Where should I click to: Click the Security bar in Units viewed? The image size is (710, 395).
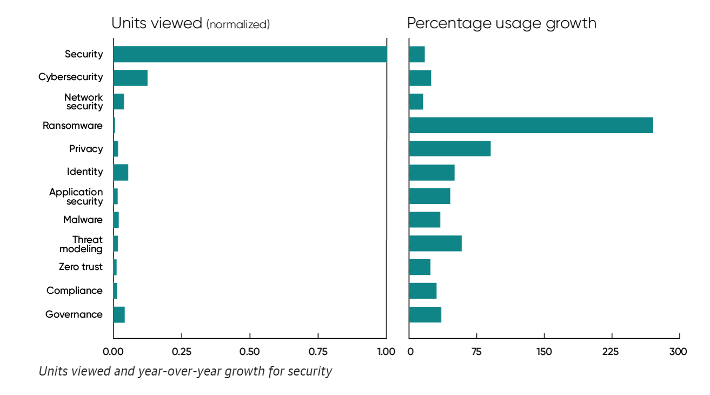250,54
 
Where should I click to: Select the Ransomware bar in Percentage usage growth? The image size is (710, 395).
530,125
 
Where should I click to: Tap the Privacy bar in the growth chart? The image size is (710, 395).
449,148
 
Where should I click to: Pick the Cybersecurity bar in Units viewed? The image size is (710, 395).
130,78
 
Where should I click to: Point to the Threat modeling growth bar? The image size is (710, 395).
435,243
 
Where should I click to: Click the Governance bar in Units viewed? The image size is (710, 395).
119,314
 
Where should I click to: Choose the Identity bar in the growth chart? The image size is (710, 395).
432,172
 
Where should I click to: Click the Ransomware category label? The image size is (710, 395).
72,126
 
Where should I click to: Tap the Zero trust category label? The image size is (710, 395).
81,267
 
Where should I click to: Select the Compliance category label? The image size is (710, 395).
74,291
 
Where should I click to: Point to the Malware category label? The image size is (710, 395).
83,220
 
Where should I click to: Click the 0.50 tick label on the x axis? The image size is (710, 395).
250,352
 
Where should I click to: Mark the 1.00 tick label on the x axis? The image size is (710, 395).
386,352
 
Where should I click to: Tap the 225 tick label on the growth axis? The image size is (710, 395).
611,352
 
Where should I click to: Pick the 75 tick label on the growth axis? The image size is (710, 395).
476,352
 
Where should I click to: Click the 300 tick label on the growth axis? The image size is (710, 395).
678,352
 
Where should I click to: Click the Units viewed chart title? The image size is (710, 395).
156,23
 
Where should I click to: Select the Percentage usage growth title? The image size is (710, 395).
501,23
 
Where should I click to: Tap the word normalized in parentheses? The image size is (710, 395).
238,24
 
